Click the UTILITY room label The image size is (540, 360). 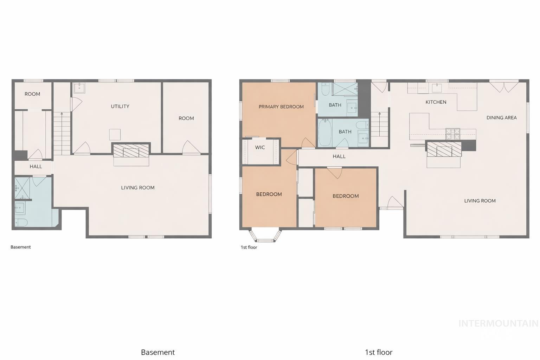tap(120, 106)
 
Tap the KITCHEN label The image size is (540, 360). tap(436, 102)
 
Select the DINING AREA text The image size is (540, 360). tap(501, 117)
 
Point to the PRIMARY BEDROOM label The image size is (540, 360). tap(281, 107)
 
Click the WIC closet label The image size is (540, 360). tap(260, 147)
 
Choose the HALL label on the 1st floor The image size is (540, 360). tap(339, 156)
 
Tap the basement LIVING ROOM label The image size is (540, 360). tap(138, 187)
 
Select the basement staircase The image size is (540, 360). tap(62, 134)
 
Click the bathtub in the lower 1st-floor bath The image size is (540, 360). tap(325, 133)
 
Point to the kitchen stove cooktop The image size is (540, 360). tap(453, 134)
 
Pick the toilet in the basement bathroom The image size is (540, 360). tap(21, 222)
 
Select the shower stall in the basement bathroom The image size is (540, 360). tap(22, 188)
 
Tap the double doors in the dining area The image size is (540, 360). tap(504, 86)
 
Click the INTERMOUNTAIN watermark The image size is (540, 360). tap(498, 323)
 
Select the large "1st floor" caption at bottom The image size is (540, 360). tap(378, 352)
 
